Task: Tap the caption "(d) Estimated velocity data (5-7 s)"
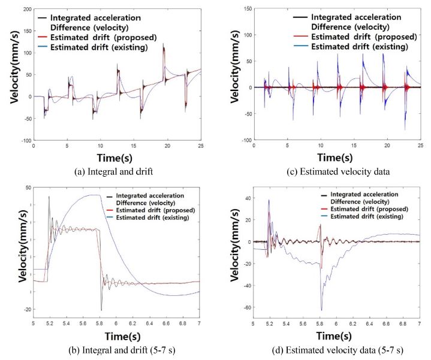pyautogui.click(x=331, y=347)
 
